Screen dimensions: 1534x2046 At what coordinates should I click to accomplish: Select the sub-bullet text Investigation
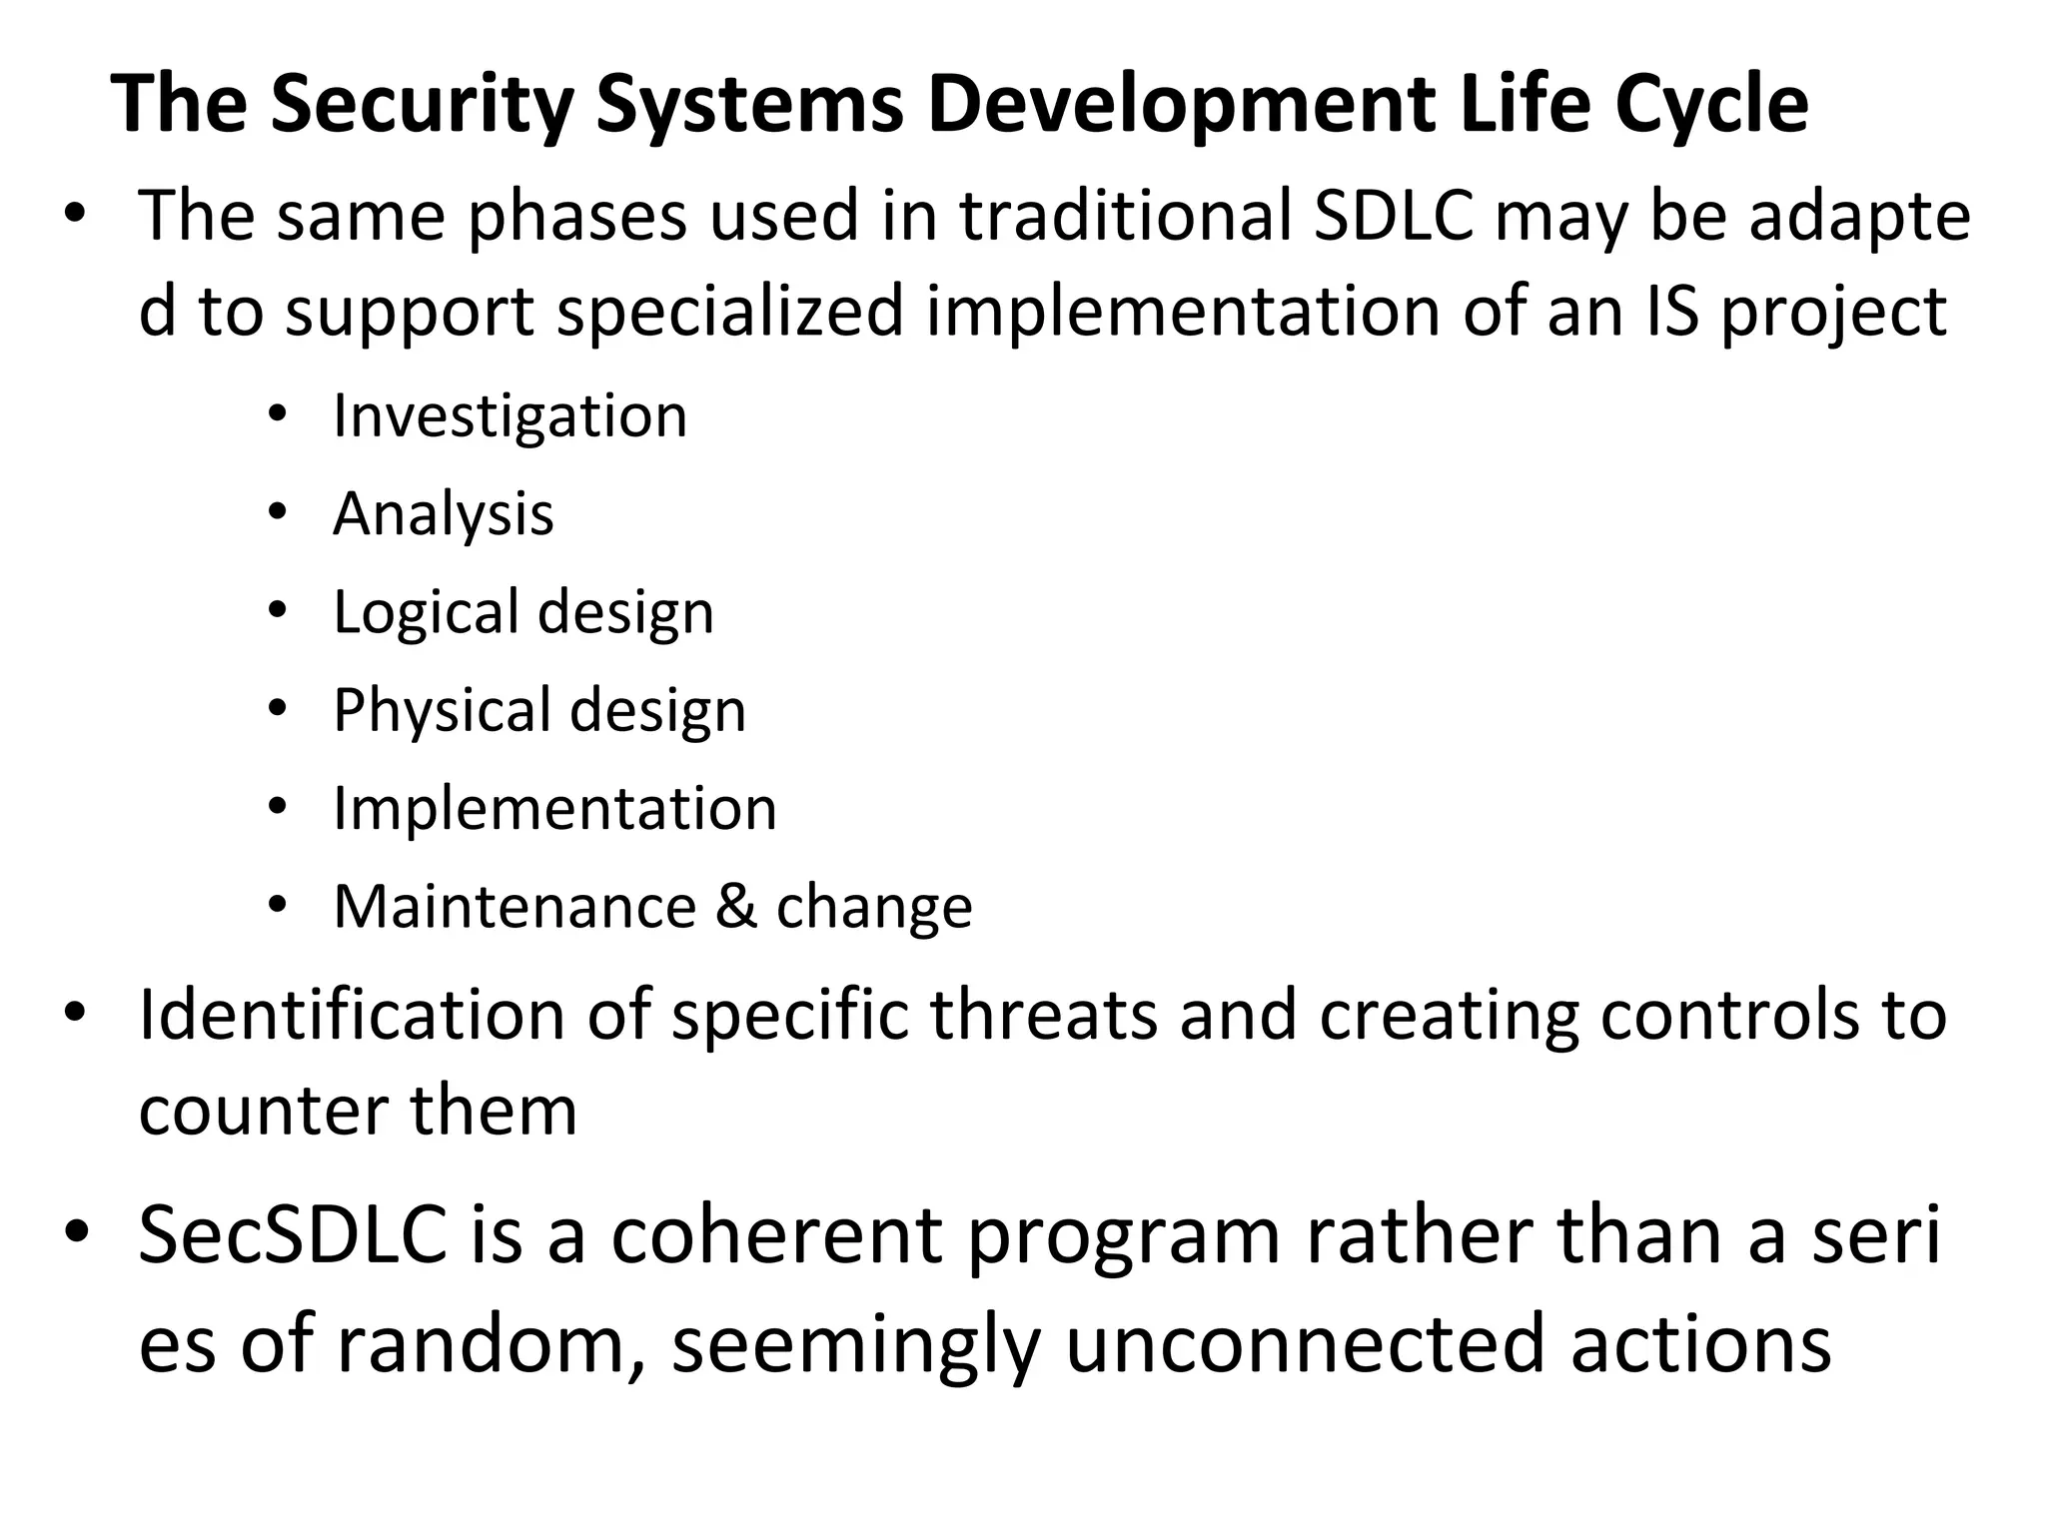pos(510,415)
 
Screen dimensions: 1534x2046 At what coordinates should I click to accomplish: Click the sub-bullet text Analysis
pos(443,513)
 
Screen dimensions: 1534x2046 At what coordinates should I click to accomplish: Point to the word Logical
pos(426,611)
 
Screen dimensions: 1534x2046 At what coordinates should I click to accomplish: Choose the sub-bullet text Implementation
pos(554,808)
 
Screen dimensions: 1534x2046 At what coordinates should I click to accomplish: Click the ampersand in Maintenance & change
pos(736,907)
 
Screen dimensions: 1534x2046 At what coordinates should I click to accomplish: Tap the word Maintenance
pos(514,907)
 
